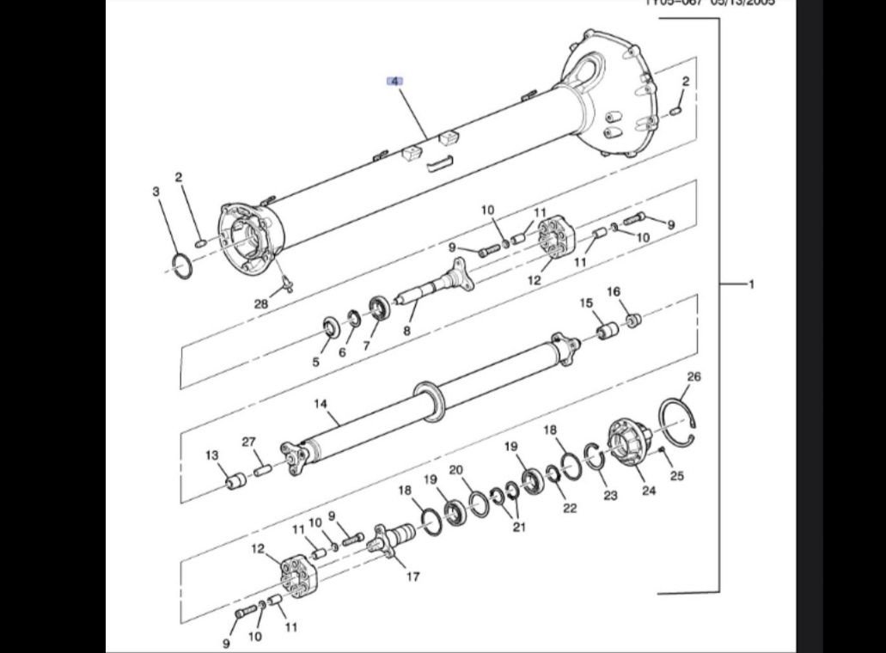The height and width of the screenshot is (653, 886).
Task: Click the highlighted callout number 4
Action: pos(394,82)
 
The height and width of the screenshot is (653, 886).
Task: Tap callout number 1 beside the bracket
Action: pos(751,284)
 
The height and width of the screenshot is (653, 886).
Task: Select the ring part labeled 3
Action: pos(181,265)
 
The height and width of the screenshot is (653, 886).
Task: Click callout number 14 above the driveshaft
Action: pos(321,403)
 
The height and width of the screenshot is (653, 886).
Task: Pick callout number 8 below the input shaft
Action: pos(407,329)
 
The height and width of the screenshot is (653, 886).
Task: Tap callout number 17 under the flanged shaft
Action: pos(412,577)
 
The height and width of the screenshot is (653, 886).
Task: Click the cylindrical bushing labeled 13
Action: pos(235,482)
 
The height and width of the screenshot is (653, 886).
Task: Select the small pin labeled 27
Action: pos(262,470)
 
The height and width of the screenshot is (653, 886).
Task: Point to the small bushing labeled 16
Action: pos(634,321)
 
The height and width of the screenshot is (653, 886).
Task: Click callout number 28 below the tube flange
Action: pos(261,303)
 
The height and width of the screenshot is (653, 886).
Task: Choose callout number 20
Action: pos(456,470)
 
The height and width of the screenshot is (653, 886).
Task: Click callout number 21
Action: pos(518,527)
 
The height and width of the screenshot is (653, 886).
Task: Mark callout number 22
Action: pos(570,508)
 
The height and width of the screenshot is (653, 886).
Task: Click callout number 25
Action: pos(676,476)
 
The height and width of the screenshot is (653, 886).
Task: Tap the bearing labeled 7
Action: pos(378,307)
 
